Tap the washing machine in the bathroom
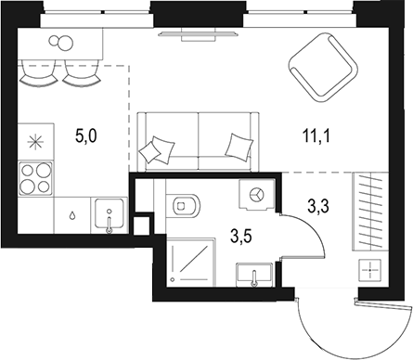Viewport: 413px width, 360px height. [x=255, y=196]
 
